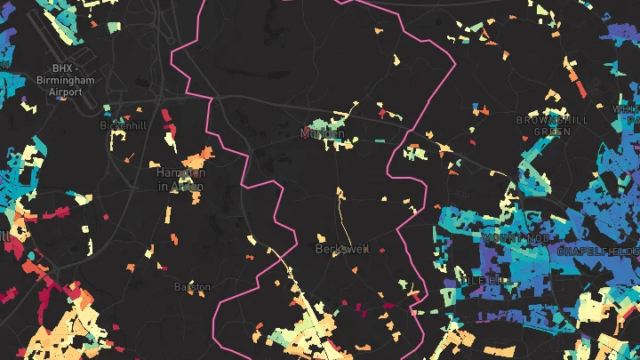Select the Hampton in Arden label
[x=180, y=179]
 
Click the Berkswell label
[x=341, y=249]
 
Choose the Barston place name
[x=192, y=287]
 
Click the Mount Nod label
[x=510, y=238]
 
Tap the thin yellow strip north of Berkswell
[x=340, y=213]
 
